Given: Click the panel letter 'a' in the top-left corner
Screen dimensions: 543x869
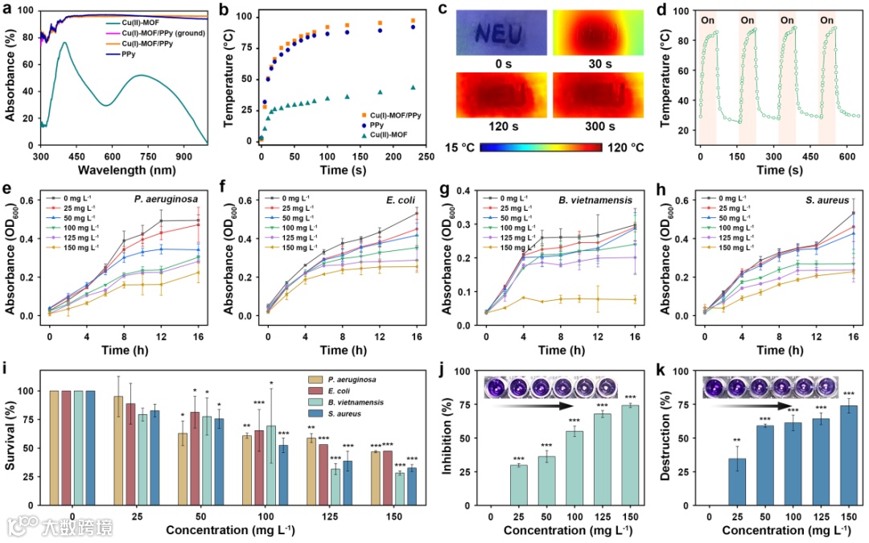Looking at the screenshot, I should click(7, 9).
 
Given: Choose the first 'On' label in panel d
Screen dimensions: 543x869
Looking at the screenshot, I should click(707, 19).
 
